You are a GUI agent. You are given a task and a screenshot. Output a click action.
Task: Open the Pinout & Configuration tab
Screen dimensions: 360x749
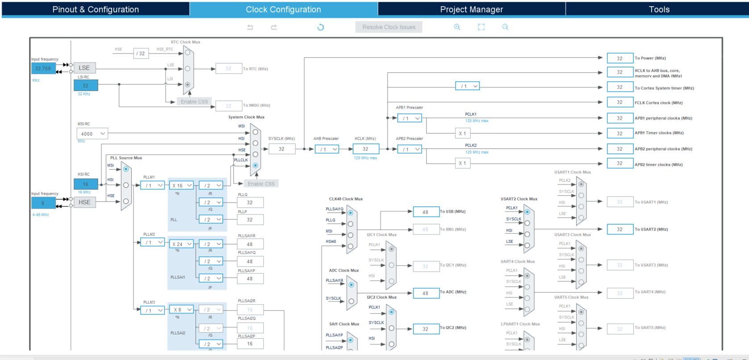96,9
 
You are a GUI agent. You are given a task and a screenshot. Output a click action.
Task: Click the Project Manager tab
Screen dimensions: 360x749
471,9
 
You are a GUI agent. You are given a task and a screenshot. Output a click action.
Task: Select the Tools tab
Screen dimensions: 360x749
659,9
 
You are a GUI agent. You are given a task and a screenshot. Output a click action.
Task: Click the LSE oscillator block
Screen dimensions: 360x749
84,68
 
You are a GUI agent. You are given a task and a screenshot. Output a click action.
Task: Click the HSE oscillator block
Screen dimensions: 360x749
84,202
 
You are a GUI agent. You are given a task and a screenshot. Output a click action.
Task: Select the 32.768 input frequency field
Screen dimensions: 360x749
43,68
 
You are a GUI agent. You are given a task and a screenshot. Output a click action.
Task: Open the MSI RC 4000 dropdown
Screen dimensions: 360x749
92,134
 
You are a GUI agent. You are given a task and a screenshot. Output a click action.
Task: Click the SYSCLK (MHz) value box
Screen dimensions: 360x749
282,149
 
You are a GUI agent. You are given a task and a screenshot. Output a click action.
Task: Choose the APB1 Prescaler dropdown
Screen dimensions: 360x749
410,118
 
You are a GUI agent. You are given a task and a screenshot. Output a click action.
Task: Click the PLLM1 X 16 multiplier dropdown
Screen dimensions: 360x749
182,185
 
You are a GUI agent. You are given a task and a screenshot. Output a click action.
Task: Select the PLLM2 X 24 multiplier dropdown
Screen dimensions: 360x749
182,244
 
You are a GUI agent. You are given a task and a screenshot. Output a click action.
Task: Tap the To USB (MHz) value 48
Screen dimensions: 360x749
425,212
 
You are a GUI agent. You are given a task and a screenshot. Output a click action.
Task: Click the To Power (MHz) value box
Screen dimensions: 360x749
620,59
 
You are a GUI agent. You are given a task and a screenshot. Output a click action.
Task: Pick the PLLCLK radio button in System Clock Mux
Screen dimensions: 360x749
255,165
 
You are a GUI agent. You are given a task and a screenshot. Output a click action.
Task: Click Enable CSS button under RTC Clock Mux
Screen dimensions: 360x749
194,102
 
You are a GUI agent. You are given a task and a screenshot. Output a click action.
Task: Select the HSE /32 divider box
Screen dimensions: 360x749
141,54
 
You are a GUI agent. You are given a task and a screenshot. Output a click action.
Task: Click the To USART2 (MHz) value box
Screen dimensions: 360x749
620,230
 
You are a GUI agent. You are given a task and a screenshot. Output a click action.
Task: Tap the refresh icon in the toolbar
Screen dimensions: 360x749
320,27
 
